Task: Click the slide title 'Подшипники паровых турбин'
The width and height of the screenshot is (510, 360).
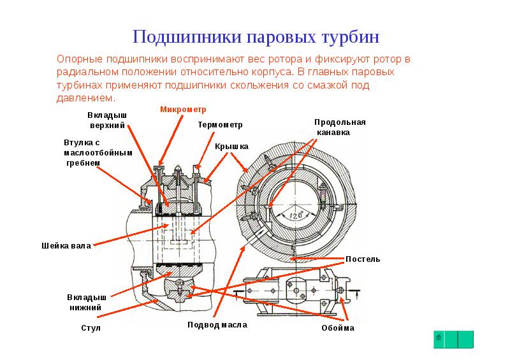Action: (256, 36)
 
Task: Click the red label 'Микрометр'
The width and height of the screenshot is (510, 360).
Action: (178, 110)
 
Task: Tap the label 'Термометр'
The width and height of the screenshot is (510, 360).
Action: (220, 124)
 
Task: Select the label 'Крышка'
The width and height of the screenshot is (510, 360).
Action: (231, 147)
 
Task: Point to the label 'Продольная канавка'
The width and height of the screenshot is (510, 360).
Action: (340, 127)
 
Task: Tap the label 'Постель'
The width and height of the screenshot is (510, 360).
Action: (363, 259)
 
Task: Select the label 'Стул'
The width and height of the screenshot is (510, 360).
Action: (91, 328)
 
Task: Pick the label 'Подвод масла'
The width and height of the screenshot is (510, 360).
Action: (217, 324)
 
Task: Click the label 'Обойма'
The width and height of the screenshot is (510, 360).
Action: (338, 328)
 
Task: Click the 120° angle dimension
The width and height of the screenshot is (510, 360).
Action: (295, 215)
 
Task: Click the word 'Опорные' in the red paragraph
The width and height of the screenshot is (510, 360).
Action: (78, 59)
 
